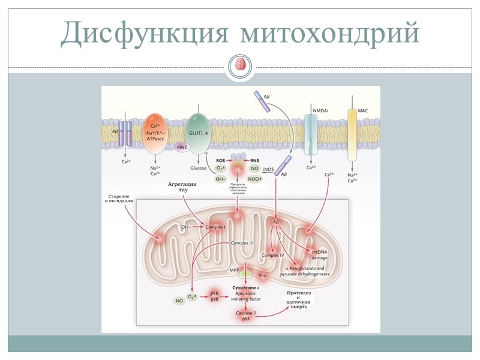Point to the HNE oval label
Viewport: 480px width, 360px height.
pos(183,146)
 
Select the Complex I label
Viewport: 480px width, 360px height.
pos(215,227)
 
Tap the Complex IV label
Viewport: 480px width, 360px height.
pos(272,256)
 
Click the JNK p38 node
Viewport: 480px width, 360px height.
pos(214,296)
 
